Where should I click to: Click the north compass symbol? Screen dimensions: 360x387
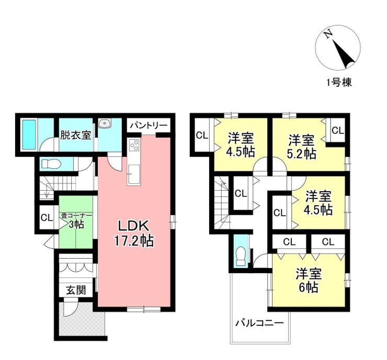(338, 48)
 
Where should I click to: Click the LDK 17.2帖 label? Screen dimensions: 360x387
(134, 234)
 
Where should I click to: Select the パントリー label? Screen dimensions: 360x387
(149, 126)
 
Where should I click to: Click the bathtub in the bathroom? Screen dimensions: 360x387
(29, 135)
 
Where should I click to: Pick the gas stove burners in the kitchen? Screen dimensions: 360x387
(133, 145)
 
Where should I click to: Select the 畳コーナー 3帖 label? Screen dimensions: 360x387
(75, 219)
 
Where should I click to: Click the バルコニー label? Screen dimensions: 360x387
(259, 322)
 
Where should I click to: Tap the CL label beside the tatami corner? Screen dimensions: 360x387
(45, 217)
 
